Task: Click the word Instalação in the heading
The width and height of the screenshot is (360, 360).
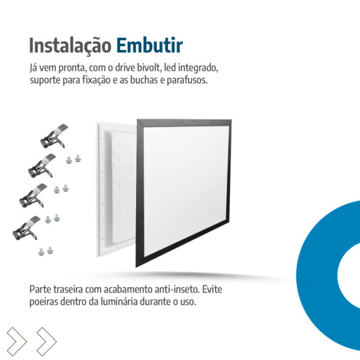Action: (70, 46)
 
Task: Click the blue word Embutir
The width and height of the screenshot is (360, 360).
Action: (149, 45)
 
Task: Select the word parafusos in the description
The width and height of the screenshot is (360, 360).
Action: (187, 80)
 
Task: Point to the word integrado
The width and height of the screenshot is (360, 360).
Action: (198, 68)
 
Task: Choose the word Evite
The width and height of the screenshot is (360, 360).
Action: (212, 289)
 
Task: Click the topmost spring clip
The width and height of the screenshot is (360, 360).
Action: (54, 136)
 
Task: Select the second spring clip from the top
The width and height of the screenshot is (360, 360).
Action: (42, 166)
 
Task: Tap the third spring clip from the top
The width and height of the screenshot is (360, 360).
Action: (33, 196)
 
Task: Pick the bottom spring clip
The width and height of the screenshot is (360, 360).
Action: (26, 228)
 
